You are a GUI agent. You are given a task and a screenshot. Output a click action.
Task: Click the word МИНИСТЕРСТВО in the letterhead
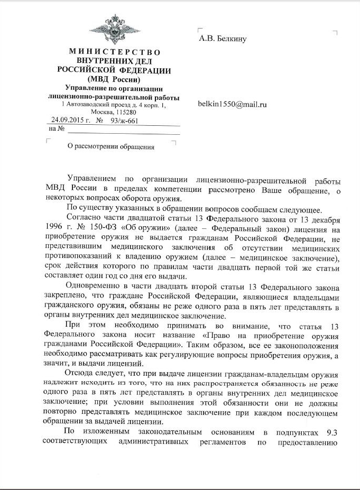pos(114,52)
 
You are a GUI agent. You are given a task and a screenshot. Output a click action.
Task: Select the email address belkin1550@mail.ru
pos(232,104)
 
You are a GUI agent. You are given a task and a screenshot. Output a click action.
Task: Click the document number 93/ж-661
pos(124,120)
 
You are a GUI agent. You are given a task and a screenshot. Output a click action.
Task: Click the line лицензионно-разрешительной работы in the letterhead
pos(114,97)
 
